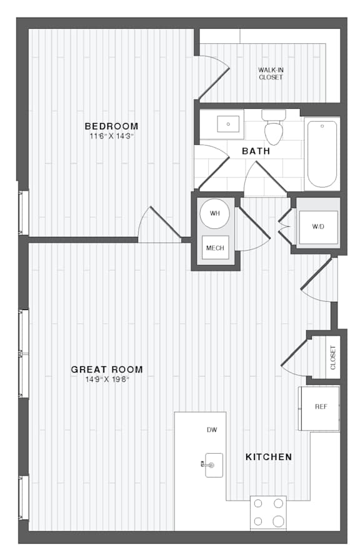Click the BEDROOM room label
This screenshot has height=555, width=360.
pos(111,126)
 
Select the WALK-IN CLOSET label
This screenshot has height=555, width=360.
pos(271,74)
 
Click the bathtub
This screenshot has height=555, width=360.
pos(322,154)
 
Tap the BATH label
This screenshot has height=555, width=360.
pos(256,151)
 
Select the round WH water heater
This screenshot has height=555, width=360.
pos(215,213)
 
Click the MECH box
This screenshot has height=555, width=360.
pos(215,247)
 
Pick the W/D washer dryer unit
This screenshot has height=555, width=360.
pos(318,227)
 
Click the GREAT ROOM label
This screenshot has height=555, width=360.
pos(107,369)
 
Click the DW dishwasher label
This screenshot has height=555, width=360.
pos(212,430)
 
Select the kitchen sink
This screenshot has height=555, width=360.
pos(212,465)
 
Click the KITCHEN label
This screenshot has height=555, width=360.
pos(269,457)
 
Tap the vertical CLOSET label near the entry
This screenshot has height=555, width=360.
pos(332,357)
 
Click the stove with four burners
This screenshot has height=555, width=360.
pos(268,513)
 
